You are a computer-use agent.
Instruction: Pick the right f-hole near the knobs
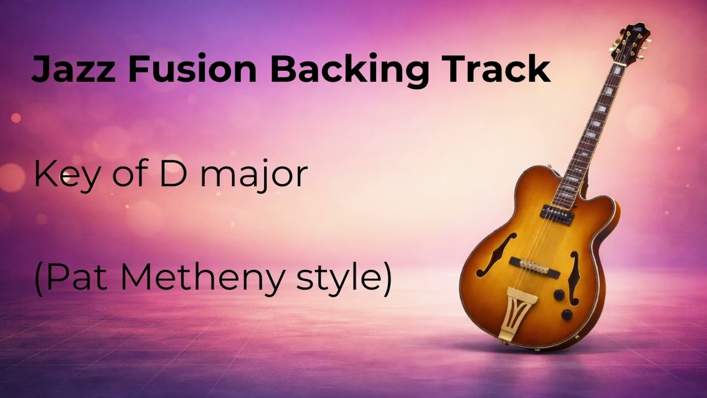point(574,276)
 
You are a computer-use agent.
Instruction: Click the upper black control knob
point(559,295)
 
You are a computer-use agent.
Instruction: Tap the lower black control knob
point(567,315)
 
